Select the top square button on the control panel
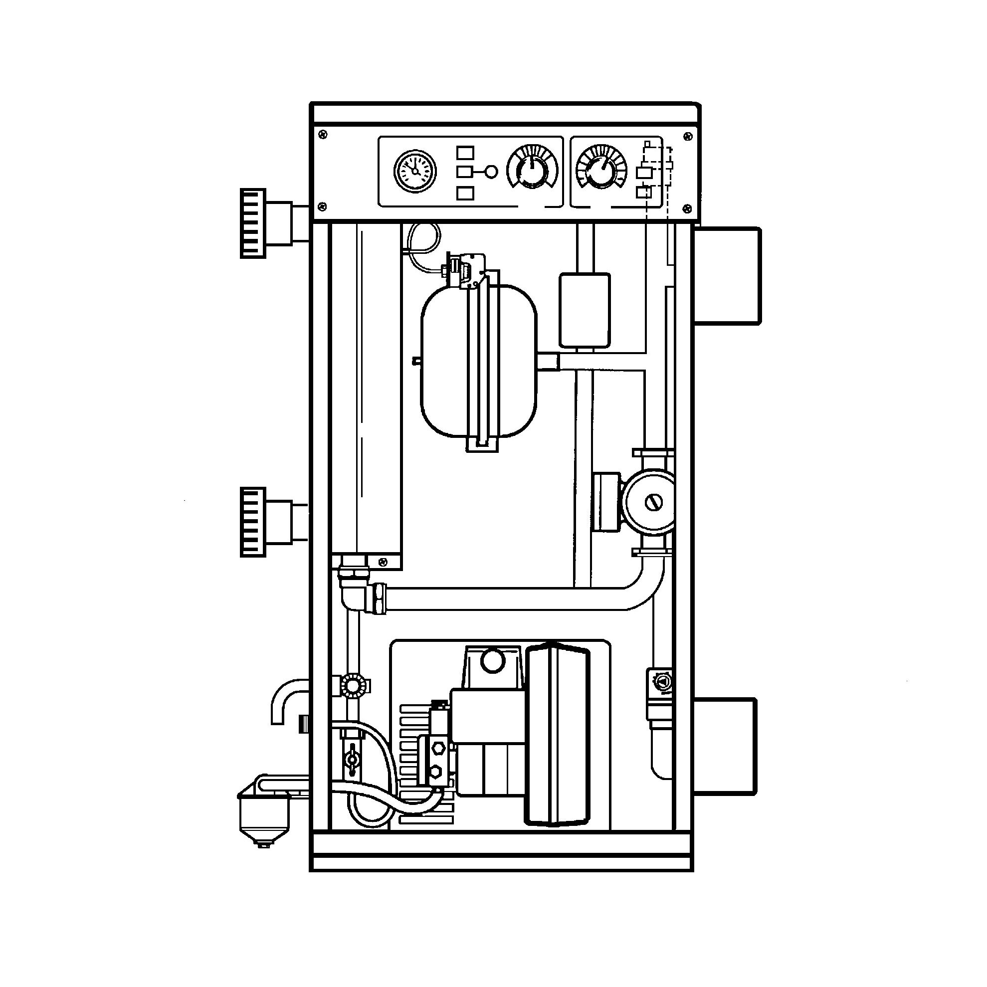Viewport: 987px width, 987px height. [x=465, y=153]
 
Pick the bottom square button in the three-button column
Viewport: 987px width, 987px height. [x=465, y=193]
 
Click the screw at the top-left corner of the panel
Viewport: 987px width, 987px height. [x=322, y=134]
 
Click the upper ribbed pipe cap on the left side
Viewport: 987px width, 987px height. [x=254, y=223]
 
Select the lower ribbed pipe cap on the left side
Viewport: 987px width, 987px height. [x=254, y=522]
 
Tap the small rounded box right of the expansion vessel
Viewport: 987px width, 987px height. [x=585, y=310]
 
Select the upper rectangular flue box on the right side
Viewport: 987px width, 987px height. [x=726, y=276]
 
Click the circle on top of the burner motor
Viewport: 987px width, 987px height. [x=493, y=662]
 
